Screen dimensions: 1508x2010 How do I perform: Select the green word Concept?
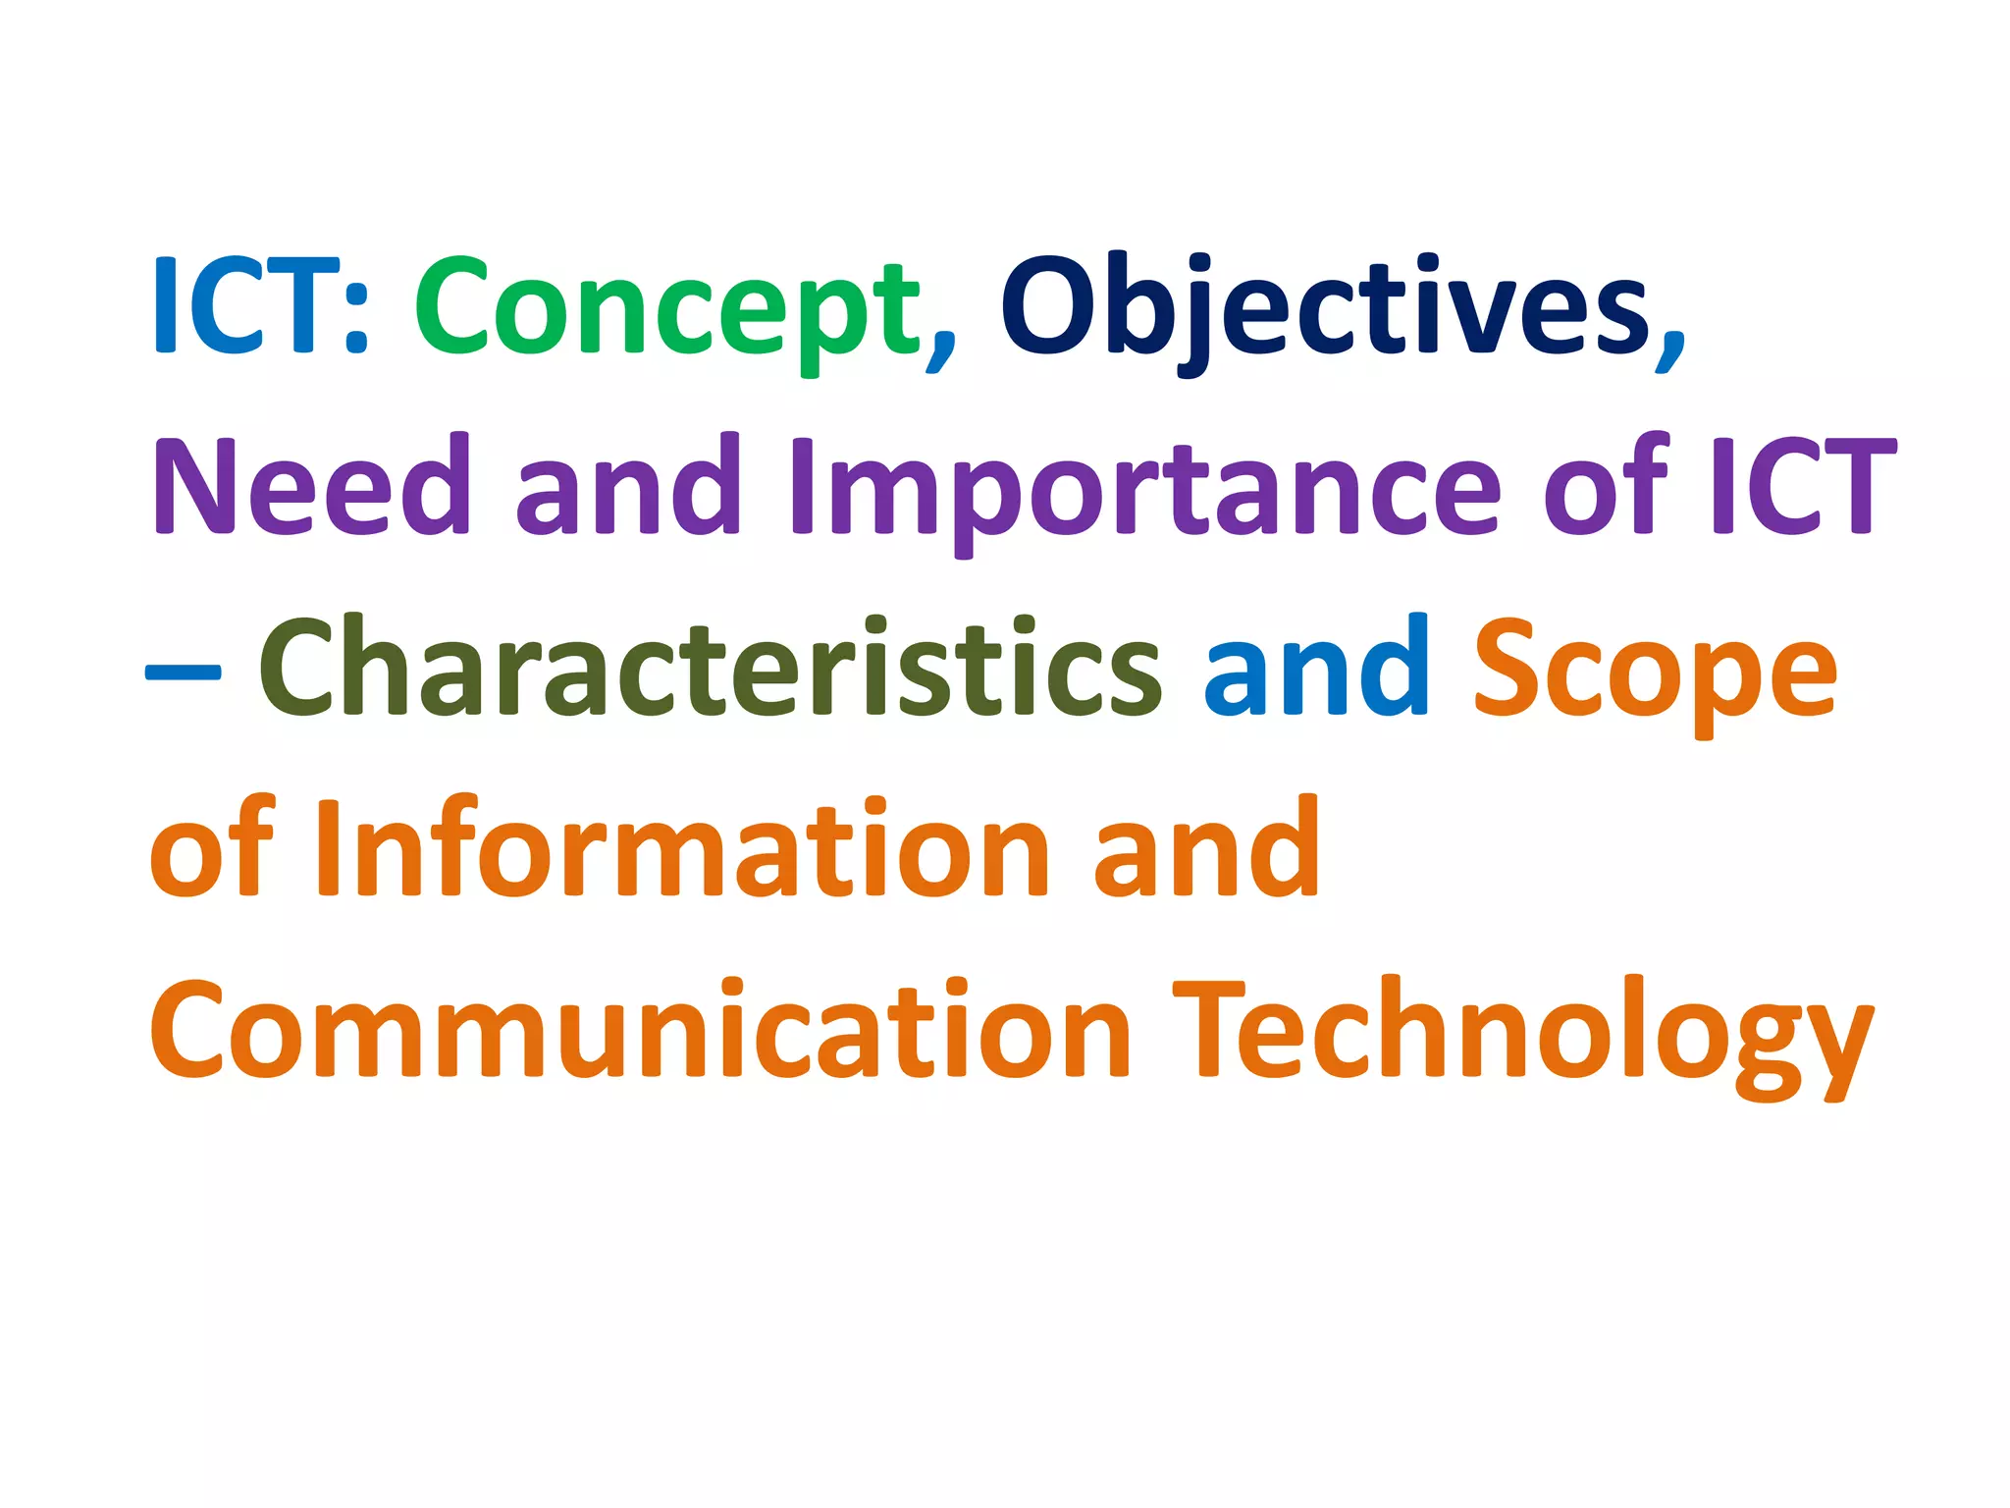[x=667, y=309]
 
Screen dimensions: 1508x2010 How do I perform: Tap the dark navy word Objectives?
[x=1325, y=309]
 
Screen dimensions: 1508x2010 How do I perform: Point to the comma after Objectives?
[x=1669, y=349]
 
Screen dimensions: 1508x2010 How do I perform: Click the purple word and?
[x=628, y=486]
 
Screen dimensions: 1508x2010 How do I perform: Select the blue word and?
[x=1316, y=668]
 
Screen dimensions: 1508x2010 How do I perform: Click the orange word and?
[x=1206, y=849]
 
